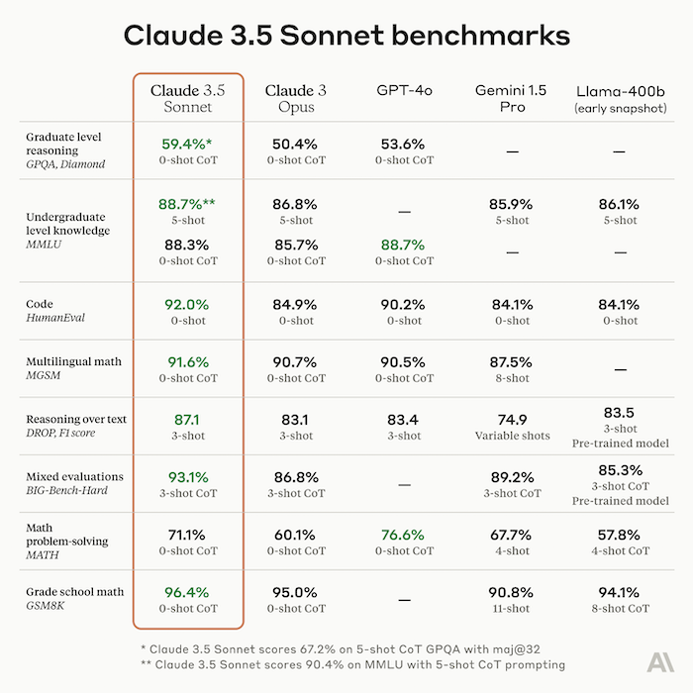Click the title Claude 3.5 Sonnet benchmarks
[x=346, y=35]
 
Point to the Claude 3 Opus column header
[x=295, y=98]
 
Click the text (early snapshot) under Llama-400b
[x=620, y=107]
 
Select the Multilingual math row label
[x=74, y=361]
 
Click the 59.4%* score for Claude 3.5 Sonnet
[x=188, y=144]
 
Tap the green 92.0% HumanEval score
[x=188, y=305]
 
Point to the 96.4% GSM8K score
[x=188, y=592]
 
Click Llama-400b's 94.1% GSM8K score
[x=620, y=592]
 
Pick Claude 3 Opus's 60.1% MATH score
[x=295, y=535]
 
